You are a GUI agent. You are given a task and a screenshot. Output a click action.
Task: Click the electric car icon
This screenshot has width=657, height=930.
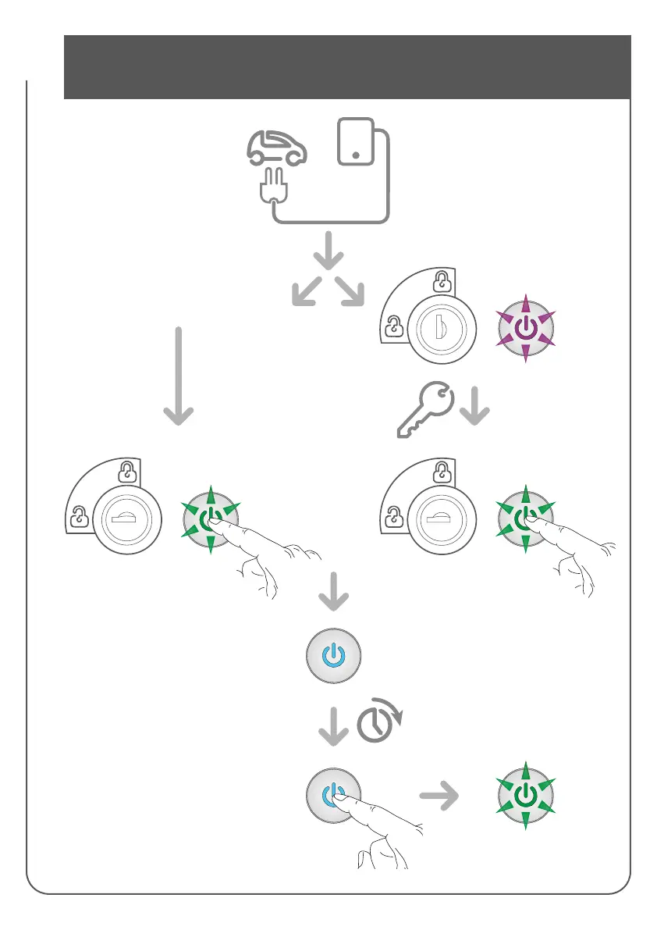[277, 148]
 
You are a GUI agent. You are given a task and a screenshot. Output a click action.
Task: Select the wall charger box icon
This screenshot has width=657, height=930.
[355, 142]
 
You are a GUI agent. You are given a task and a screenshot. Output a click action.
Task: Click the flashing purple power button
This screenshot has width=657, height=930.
[526, 329]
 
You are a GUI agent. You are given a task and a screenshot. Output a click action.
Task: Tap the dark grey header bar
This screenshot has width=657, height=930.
[346, 66]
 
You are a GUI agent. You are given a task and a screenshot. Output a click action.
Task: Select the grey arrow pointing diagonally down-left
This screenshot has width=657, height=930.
[304, 292]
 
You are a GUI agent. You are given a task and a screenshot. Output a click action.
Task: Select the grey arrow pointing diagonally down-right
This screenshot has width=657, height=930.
[352, 292]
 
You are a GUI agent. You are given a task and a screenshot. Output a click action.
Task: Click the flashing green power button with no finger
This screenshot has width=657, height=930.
[526, 796]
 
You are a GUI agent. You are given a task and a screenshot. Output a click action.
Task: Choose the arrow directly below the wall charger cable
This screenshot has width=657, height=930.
[328, 248]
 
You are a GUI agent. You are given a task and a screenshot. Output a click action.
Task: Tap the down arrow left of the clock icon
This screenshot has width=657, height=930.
[333, 727]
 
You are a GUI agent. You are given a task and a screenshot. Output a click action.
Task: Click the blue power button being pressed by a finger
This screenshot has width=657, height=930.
[332, 795]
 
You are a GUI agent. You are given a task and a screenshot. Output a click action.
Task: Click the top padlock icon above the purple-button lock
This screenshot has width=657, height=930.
[442, 280]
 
